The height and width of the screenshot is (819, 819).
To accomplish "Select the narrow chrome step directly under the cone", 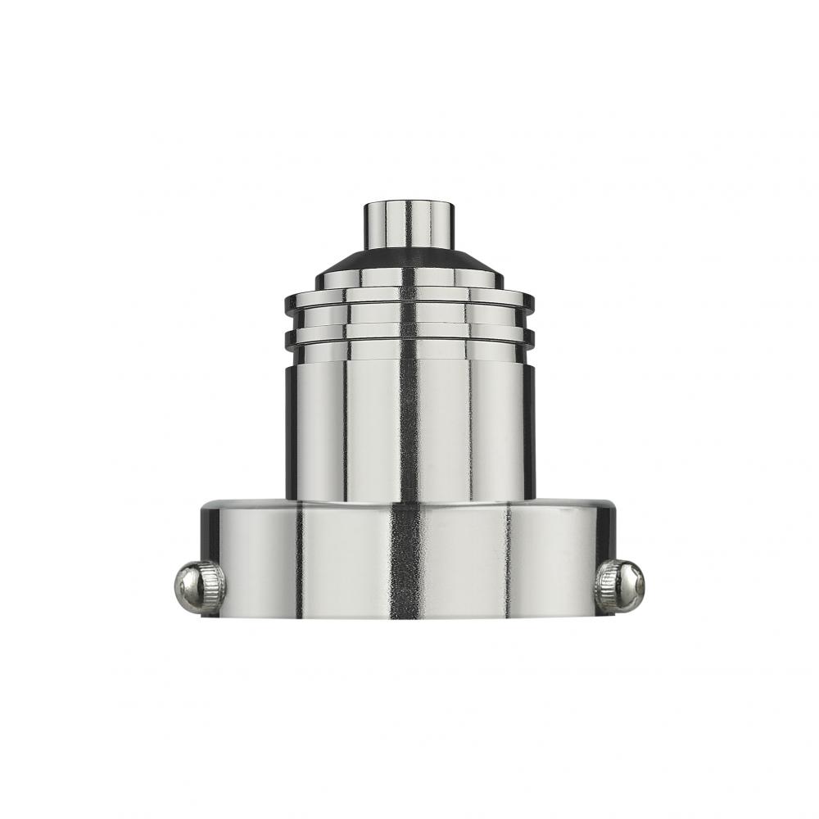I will click(409, 281).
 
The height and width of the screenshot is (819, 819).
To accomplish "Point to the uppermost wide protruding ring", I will click(409, 301).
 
